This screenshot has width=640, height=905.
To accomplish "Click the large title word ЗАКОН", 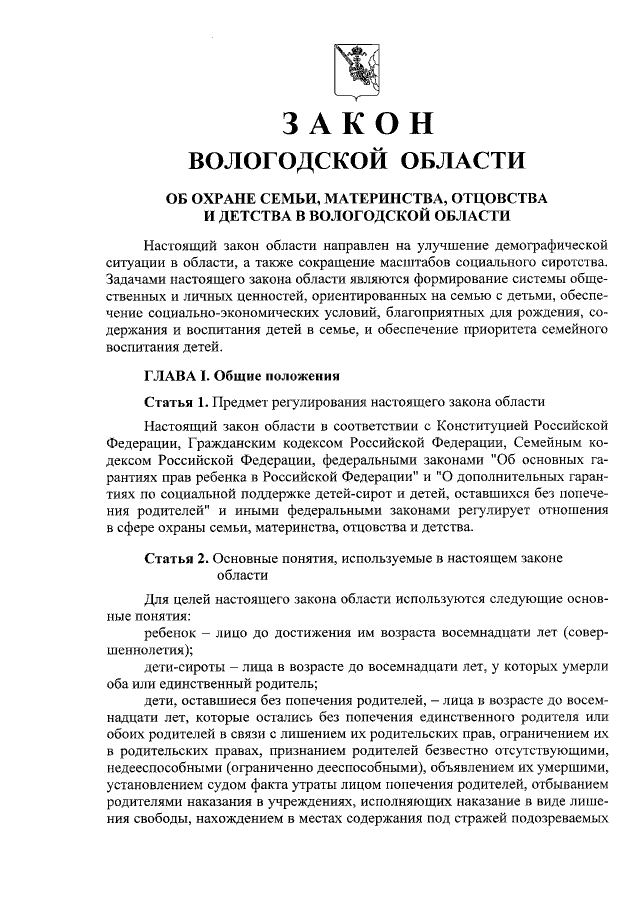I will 355,124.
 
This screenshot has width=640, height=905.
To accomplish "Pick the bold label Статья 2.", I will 176,557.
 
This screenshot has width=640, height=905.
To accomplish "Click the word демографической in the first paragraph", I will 545,244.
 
